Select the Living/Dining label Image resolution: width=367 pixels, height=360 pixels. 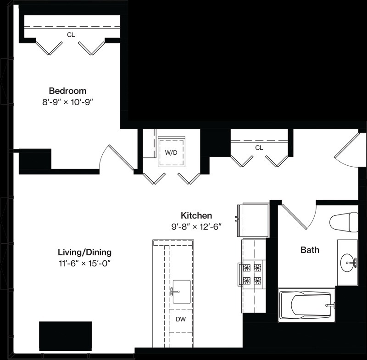(84, 253)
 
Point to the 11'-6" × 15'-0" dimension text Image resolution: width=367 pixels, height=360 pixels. (84, 264)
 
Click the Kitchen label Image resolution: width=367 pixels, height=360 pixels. (196, 215)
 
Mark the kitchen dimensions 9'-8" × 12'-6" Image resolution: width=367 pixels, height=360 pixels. (196, 227)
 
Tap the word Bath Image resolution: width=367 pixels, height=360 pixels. (310, 250)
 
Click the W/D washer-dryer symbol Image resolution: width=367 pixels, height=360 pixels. (172, 152)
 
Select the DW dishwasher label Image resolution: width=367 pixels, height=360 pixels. (181, 319)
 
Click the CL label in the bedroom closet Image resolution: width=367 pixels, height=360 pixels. (71, 35)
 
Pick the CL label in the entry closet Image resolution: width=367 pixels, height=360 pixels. (259, 148)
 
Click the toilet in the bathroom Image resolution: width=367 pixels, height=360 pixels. (344, 222)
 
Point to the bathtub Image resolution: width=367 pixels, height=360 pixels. (307, 305)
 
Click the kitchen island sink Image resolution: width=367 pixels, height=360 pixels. (181, 292)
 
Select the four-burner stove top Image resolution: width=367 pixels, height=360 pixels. (252, 274)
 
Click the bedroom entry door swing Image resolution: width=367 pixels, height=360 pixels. (117, 157)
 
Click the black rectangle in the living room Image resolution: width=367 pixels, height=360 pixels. (65, 336)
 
